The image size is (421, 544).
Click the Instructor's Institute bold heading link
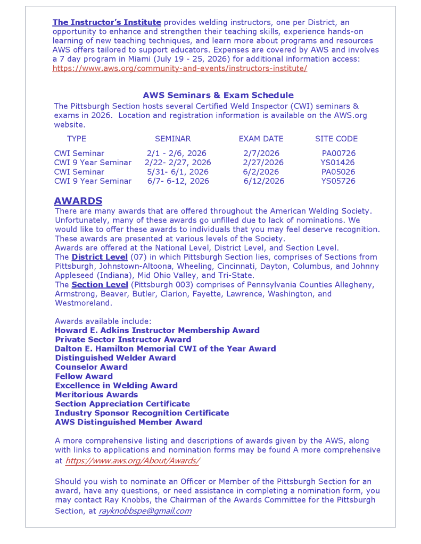[106, 22]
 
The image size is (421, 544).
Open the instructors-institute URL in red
[179, 69]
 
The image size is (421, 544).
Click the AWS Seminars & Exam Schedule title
[218, 96]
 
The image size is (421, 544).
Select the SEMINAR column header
[172, 139]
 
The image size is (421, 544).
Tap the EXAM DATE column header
[261, 139]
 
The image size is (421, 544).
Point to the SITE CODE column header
[336, 139]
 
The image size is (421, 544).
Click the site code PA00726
[338, 154]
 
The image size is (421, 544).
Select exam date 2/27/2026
[263, 163]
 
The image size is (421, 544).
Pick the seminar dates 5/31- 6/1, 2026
[178, 172]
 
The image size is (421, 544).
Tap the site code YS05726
[338, 181]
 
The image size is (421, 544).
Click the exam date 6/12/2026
[264, 181]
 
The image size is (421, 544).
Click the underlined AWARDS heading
[78, 201]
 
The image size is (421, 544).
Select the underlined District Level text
[100, 257]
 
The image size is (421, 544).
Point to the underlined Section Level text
[100, 285]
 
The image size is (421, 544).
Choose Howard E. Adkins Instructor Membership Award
[157, 330]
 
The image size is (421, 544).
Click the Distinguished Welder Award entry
[115, 358]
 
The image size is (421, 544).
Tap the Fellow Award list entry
[84, 377]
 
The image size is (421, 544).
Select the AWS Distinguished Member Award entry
[129, 422]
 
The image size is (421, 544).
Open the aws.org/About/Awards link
[133, 461]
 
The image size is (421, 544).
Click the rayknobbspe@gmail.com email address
[145, 511]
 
